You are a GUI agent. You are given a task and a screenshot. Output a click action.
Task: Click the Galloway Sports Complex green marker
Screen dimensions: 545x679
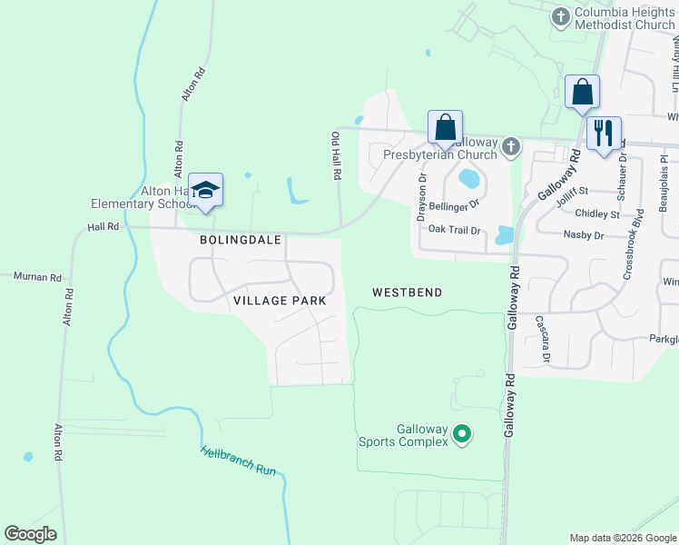(x=462, y=435)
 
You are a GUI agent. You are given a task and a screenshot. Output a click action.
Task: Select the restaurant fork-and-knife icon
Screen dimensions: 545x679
(x=604, y=134)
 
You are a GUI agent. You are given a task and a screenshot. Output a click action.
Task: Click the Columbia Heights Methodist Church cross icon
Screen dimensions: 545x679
(x=561, y=16)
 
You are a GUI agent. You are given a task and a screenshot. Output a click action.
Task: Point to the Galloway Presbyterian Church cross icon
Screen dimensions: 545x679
(x=511, y=146)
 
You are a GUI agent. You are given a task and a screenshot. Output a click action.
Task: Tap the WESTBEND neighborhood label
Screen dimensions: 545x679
(x=408, y=292)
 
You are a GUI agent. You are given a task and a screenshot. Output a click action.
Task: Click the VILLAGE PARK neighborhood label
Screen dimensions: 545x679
(x=279, y=300)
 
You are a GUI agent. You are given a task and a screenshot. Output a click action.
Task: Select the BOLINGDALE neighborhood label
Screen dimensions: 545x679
(x=241, y=240)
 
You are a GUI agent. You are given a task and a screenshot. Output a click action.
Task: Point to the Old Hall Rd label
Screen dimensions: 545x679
(x=335, y=154)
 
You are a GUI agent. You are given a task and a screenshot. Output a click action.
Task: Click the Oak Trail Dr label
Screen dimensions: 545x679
(x=454, y=230)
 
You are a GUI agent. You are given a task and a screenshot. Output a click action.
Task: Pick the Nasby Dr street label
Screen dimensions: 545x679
(x=583, y=235)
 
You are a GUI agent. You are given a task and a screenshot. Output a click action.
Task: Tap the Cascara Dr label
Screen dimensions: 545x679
(x=543, y=337)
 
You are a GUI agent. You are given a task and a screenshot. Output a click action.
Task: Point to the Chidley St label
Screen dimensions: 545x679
(x=597, y=214)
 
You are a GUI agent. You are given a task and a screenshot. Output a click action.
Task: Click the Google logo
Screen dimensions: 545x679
(x=31, y=534)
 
